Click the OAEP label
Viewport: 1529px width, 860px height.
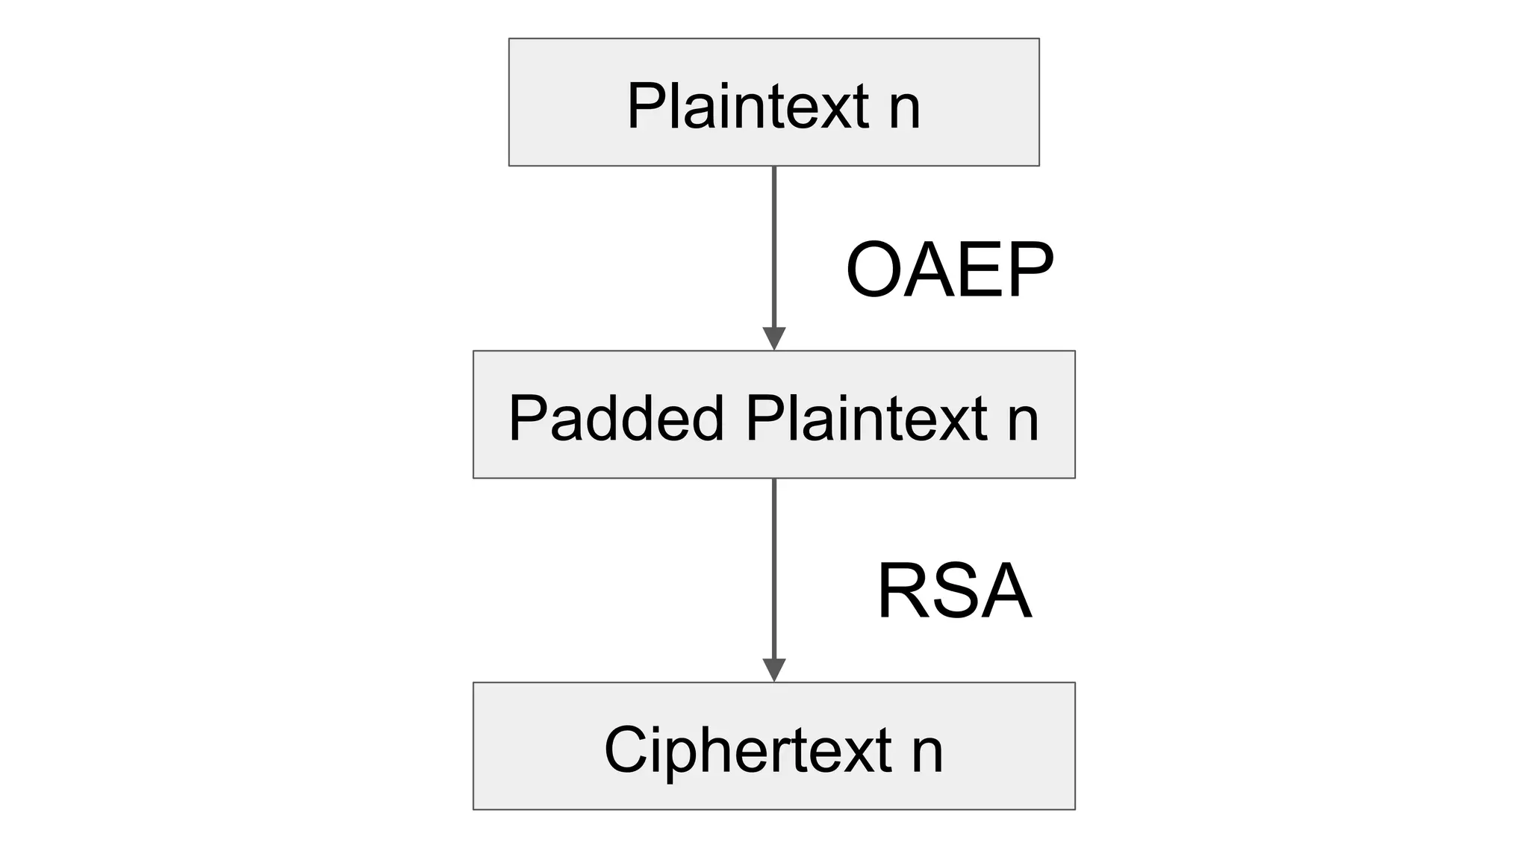(949, 270)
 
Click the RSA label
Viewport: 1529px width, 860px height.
(953, 592)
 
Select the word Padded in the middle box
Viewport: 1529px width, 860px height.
(617, 418)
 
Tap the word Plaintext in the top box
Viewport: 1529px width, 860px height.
(747, 106)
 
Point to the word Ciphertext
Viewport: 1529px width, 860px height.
(747, 750)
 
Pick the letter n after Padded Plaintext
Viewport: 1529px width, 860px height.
(1022, 421)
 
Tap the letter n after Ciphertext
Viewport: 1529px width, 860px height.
(927, 752)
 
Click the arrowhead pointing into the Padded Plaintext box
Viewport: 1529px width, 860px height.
(774, 337)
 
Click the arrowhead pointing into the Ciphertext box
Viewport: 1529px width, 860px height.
(774, 669)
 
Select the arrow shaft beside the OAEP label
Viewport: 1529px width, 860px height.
(774, 246)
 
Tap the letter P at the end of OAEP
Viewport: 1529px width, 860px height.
(1030, 270)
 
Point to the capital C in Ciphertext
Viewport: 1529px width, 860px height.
(623, 750)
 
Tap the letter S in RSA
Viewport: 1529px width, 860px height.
(952, 592)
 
